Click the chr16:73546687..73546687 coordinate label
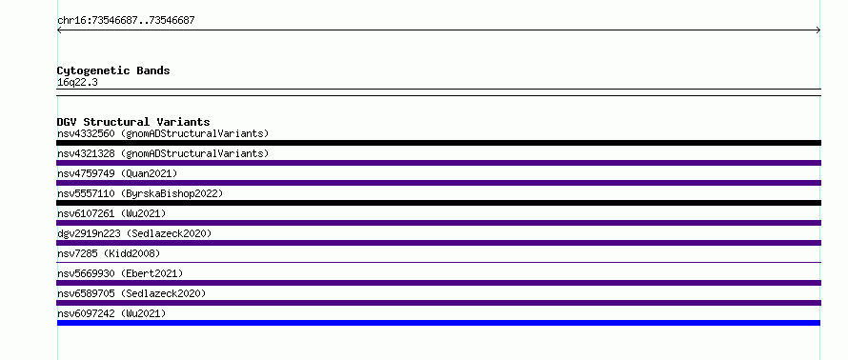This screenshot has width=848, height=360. [x=126, y=21]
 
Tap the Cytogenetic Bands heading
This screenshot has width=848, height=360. [x=113, y=70]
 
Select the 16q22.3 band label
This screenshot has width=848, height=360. [x=77, y=83]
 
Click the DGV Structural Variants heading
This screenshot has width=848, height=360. [x=133, y=122]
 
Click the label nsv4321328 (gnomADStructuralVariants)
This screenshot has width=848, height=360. [x=163, y=153]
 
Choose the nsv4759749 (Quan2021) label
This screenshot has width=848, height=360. [x=117, y=173]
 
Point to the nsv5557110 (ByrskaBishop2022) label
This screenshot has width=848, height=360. [x=140, y=193]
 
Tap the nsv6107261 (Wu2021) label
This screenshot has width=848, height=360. [x=111, y=213]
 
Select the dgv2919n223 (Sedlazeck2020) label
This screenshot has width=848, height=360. [x=134, y=233]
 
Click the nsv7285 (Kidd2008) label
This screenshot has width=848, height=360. [x=109, y=253]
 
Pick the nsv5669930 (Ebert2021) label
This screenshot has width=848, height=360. [x=120, y=273]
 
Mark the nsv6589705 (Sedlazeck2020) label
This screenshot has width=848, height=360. [x=131, y=293]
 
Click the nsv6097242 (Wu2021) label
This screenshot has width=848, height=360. [x=111, y=313]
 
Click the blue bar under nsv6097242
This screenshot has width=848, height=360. [x=438, y=323]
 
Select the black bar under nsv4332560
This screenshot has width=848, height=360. [x=438, y=143]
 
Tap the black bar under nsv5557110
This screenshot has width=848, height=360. [x=438, y=203]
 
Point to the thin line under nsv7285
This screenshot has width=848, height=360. [x=438, y=262]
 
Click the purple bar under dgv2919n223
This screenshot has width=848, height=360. [x=438, y=243]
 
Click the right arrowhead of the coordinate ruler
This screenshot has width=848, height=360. [x=818, y=30]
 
